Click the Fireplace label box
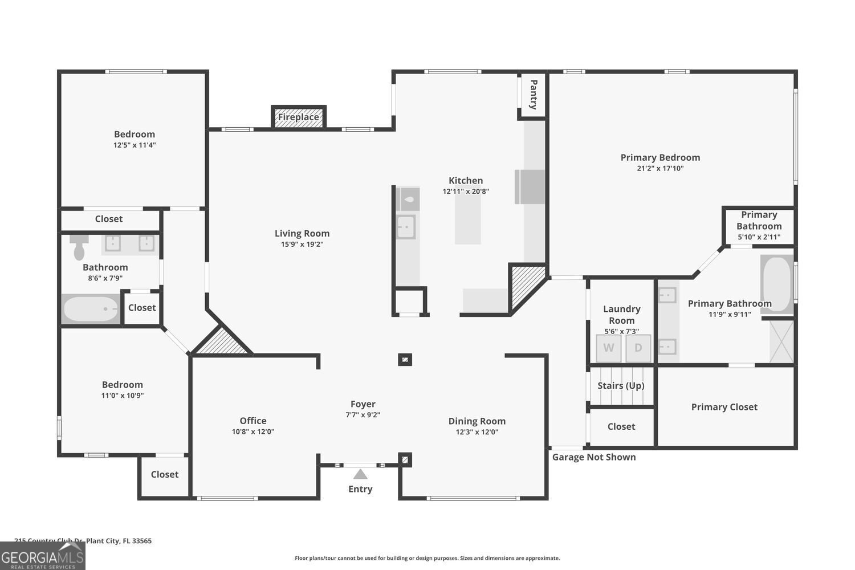(299, 117)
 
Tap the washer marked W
(609, 348)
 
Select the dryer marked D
(638, 348)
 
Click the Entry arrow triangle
(360, 474)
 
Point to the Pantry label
(534, 95)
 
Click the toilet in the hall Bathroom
(79, 246)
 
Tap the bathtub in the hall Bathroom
(91, 310)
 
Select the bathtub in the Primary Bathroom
(777, 284)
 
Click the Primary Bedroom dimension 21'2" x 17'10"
(660, 168)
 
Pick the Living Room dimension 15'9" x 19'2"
(302, 244)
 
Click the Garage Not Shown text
(594, 457)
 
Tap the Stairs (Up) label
(621, 386)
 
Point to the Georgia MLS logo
(42, 556)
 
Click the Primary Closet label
(724, 407)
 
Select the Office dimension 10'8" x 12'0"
(253, 431)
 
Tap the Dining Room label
(477, 421)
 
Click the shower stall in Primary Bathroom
(781, 341)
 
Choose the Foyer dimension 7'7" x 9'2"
(363, 415)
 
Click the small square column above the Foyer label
(405, 360)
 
